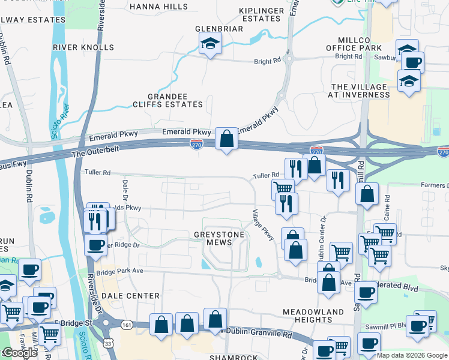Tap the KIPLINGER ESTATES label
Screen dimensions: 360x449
(x=260, y=14)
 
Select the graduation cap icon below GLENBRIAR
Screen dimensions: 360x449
(x=210, y=43)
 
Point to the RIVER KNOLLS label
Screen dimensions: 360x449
(x=83, y=47)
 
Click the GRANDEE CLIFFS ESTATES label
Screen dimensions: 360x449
(x=175, y=100)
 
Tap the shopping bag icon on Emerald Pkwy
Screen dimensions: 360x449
(x=227, y=139)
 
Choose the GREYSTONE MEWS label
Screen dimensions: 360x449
(x=218, y=239)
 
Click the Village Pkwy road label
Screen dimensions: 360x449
(x=263, y=226)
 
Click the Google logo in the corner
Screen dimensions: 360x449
(x=19, y=353)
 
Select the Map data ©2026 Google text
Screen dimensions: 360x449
(x=412, y=355)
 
